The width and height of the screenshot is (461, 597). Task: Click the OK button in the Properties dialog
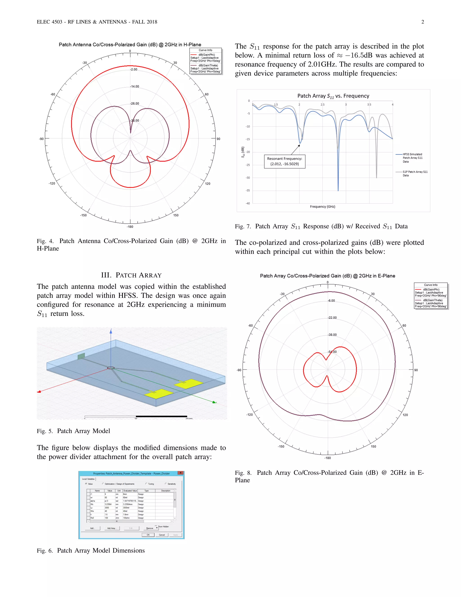(x=148, y=535)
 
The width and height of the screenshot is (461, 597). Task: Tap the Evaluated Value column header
(x=130, y=491)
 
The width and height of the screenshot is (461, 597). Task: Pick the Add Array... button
(x=112, y=528)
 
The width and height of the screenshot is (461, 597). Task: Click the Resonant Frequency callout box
(x=285, y=161)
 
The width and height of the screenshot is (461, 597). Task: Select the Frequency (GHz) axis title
(x=322, y=207)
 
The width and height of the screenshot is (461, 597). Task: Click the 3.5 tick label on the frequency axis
(x=369, y=105)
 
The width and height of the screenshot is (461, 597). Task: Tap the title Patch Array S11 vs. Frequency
(x=333, y=96)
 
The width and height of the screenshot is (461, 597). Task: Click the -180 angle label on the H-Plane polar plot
(x=130, y=227)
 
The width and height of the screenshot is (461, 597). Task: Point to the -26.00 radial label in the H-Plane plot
(x=134, y=104)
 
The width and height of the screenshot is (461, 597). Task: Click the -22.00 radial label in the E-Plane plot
(x=332, y=318)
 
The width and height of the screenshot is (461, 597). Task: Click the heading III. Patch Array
(x=131, y=275)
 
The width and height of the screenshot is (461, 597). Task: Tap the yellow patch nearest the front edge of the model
(x=158, y=394)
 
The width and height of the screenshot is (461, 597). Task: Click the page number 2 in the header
(x=423, y=22)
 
